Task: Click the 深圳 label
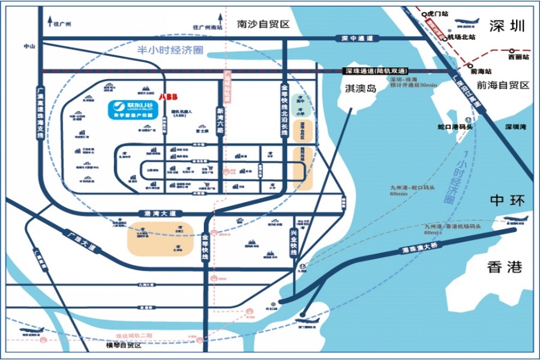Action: (507, 26)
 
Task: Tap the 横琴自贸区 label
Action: (123, 346)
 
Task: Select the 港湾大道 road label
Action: (159, 213)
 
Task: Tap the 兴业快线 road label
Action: (295, 241)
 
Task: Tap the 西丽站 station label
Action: (518, 58)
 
